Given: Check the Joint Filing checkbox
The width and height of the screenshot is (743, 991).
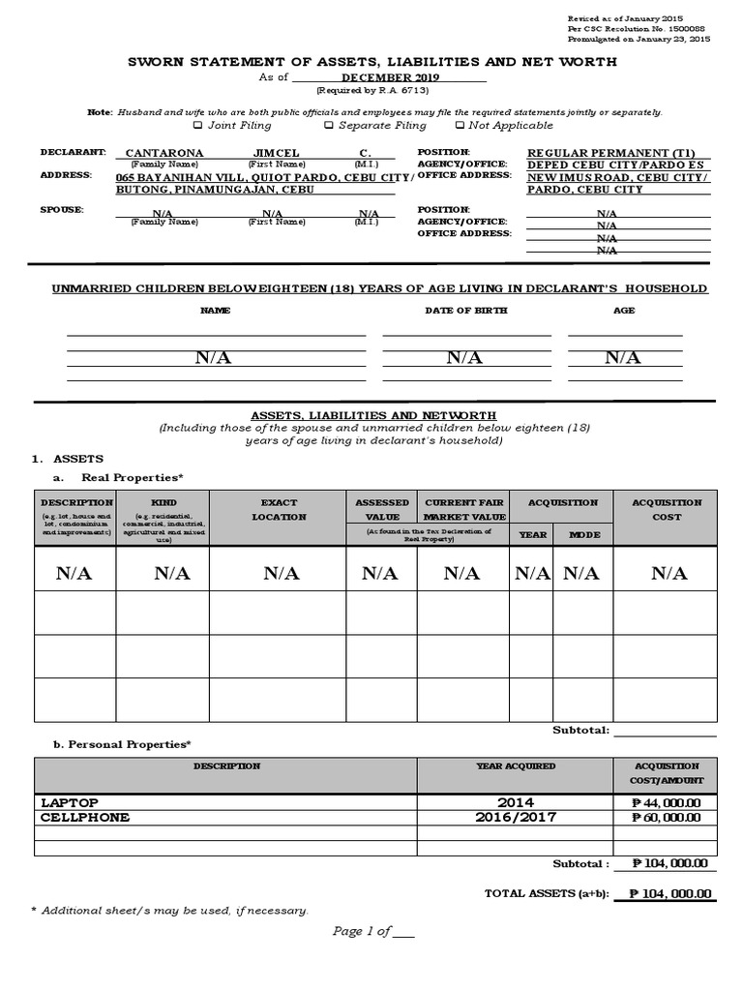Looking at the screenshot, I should [198, 125].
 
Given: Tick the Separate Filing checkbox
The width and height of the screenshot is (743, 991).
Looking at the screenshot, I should [329, 125].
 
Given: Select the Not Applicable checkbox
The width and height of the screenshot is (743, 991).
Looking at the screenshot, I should [459, 125].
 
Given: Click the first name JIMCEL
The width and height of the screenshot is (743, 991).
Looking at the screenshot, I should [277, 153].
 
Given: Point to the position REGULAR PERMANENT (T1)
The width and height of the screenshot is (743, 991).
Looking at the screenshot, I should [610, 153].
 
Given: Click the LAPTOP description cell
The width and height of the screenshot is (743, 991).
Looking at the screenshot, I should [70, 802].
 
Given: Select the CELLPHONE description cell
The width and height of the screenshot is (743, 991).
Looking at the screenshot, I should [85, 817].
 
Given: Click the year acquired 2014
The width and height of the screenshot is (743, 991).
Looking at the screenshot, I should [516, 802].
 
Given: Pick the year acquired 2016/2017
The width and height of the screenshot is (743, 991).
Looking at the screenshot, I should [516, 817].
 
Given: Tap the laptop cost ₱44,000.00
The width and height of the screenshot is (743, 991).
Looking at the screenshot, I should [667, 802].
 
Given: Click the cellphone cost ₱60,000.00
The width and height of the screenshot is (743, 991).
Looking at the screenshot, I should [667, 817].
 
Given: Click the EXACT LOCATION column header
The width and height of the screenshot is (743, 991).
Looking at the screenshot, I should [279, 509].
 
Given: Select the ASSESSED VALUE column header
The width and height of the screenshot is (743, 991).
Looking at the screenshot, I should [382, 509].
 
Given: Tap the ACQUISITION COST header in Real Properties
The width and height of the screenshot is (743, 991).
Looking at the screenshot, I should [667, 509].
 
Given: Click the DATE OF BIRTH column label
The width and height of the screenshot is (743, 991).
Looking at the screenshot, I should [465, 311].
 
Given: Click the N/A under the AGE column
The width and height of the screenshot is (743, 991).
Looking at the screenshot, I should [623, 358].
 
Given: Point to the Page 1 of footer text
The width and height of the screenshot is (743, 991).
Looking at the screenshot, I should [372, 931].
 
